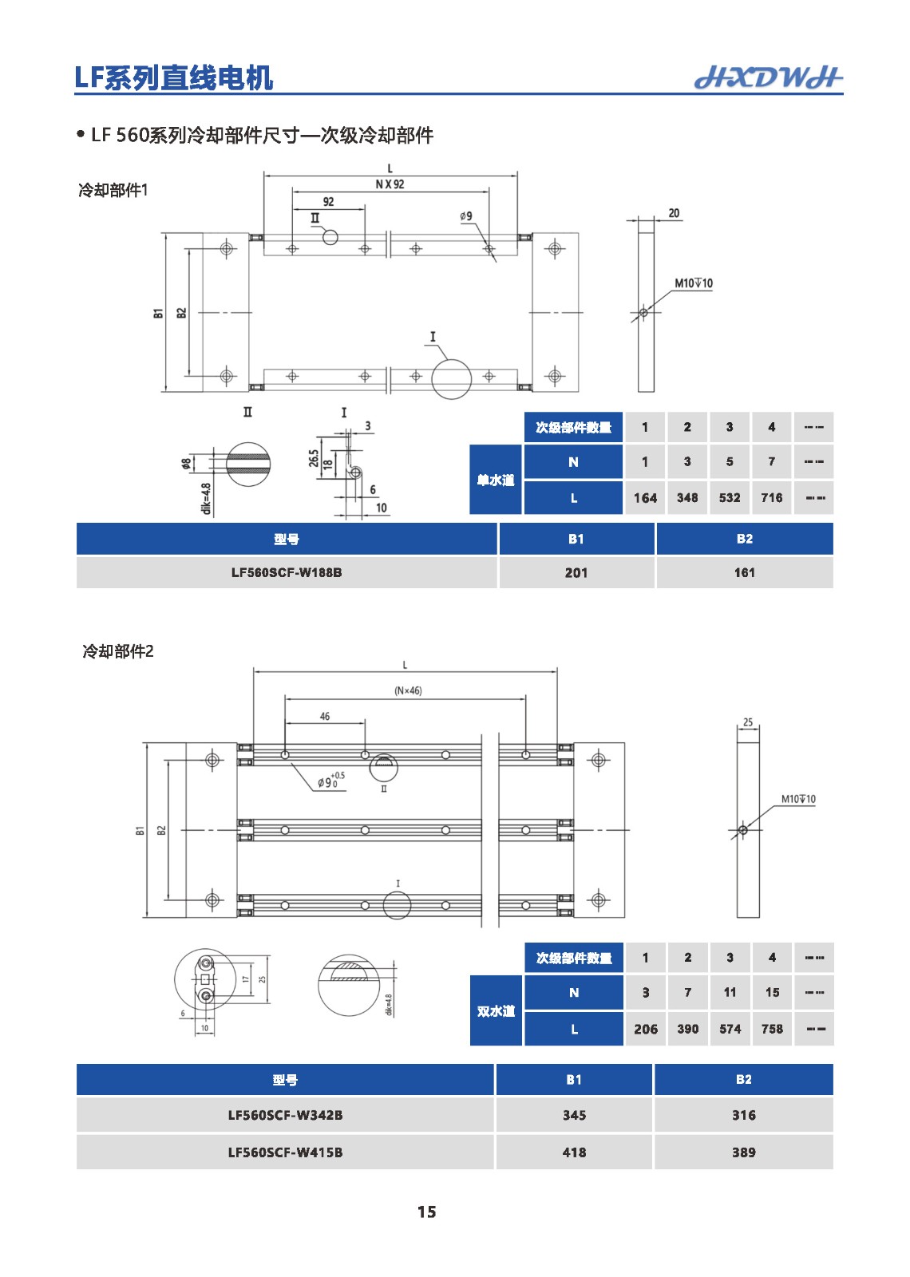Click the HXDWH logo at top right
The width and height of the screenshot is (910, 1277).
coord(768,77)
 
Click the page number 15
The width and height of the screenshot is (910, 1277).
coord(426,1212)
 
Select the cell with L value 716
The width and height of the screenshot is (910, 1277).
coord(771,497)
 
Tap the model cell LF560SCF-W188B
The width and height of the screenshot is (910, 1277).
coord(287,572)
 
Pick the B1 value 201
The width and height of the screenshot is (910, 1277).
coord(576,572)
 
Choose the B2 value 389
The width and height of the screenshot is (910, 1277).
coord(743,1152)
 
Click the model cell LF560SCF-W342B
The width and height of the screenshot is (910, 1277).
coord(285,1115)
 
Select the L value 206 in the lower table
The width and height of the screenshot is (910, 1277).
coord(645,1029)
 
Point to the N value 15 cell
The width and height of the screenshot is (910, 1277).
coord(772,992)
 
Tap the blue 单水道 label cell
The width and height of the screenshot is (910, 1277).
coord(496,480)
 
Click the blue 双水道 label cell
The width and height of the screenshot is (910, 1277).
coord(496,1010)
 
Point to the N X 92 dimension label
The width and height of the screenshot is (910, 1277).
coord(390,184)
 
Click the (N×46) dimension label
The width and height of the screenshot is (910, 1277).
coord(408,690)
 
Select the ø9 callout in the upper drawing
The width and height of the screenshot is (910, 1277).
coord(466,216)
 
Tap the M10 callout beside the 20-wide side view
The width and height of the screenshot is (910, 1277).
coord(693,283)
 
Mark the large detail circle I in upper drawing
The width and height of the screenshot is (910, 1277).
coord(452,378)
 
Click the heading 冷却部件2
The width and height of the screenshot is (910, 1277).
coord(118,651)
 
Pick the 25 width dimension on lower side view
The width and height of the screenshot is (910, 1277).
coord(748,722)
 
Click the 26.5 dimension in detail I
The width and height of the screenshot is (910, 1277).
coord(314,458)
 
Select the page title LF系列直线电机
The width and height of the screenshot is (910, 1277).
coord(174,77)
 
